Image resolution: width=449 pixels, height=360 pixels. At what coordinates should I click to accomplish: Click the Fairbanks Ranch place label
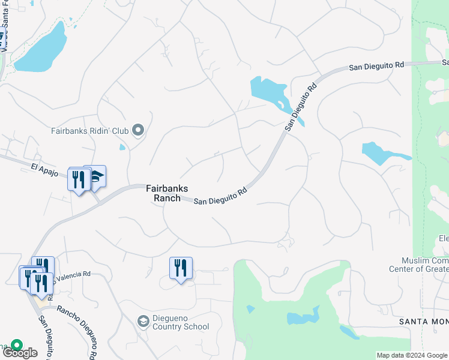point(167,193)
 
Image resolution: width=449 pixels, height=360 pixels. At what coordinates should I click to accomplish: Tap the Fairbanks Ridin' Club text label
point(91,130)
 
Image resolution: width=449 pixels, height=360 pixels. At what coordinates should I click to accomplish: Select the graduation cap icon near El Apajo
point(96,176)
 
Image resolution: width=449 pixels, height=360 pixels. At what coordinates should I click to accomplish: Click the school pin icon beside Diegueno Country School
point(143,322)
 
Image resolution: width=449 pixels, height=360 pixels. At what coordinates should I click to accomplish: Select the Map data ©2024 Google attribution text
point(412,355)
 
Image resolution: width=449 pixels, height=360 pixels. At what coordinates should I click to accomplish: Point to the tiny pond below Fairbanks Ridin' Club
point(122,146)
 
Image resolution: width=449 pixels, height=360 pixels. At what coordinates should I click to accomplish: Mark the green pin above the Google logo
point(16,346)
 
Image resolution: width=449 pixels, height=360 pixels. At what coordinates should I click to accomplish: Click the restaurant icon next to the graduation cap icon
point(79,178)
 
